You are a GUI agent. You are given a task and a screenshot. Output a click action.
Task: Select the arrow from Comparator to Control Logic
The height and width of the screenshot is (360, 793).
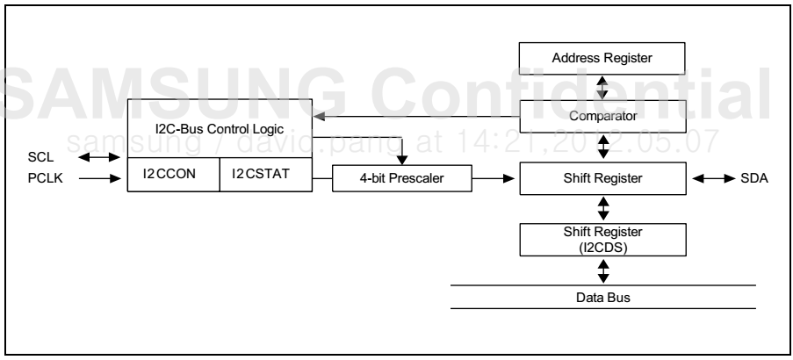tap(413, 115)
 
